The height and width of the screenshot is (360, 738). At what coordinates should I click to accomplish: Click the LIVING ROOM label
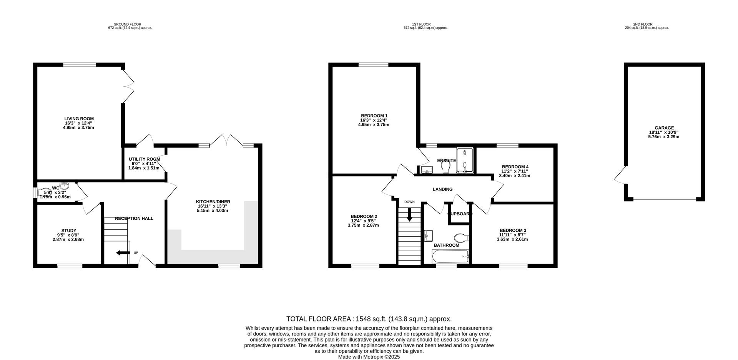tap(79, 119)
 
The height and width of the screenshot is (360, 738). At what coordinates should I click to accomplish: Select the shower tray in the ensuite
tap(465, 160)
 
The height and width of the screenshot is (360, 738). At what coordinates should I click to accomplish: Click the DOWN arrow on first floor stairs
tap(409, 214)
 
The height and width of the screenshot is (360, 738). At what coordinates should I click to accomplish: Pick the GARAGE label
tap(664, 128)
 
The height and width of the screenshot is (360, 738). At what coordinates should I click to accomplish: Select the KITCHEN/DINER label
tap(213, 202)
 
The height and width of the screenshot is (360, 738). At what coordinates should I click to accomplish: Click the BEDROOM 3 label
tap(513, 231)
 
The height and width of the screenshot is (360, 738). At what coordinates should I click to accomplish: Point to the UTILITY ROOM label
tap(145, 159)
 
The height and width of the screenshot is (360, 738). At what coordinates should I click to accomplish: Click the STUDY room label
tap(69, 231)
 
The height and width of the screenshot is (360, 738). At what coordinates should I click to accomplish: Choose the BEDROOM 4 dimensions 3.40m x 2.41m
tap(514, 176)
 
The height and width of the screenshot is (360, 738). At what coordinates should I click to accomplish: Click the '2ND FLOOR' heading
tap(647, 24)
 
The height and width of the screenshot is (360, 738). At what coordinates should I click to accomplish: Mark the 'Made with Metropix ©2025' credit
tap(369, 357)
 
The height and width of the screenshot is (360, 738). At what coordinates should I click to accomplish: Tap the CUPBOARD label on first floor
tap(460, 214)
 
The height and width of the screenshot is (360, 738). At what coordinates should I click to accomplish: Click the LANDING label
tap(442, 189)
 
